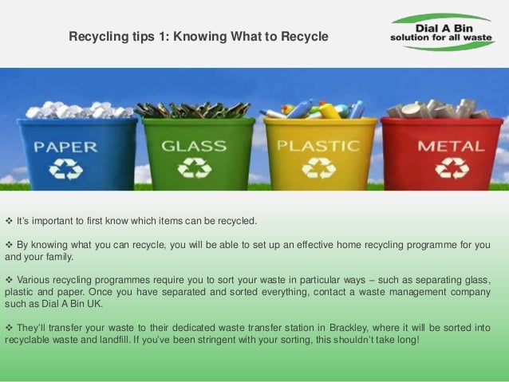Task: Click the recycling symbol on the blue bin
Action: click(x=65, y=169)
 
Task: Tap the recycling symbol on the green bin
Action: click(x=194, y=168)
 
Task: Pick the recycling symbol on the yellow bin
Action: click(x=319, y=168)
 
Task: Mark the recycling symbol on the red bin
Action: click(x=451, y=168)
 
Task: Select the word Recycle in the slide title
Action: click(x=305, y=37)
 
